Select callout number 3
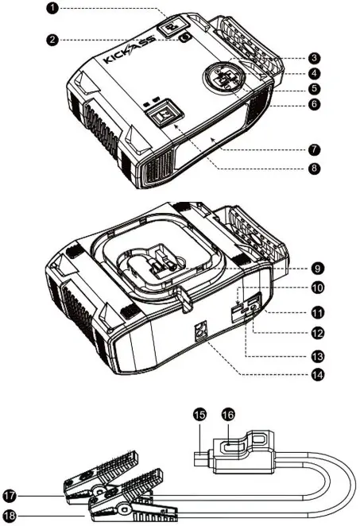pyautogui.click(x=315, y=57)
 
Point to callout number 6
pyautogui.click(x=315, y=104)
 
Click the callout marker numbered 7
pyautogui.click(x=315, y=149)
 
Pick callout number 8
pyautogui.click(x=315, y=169)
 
